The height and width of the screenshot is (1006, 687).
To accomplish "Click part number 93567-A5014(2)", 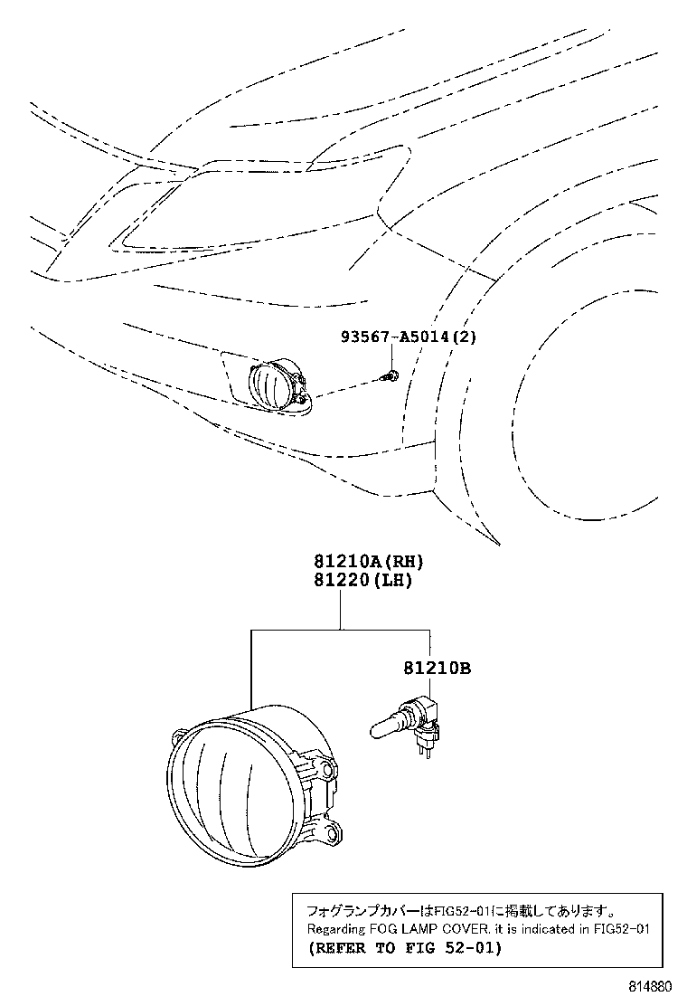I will [408, 337].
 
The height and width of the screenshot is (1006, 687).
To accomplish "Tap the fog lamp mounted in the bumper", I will [275, 387].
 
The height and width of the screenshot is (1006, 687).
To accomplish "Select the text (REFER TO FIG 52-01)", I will [404, 948].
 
